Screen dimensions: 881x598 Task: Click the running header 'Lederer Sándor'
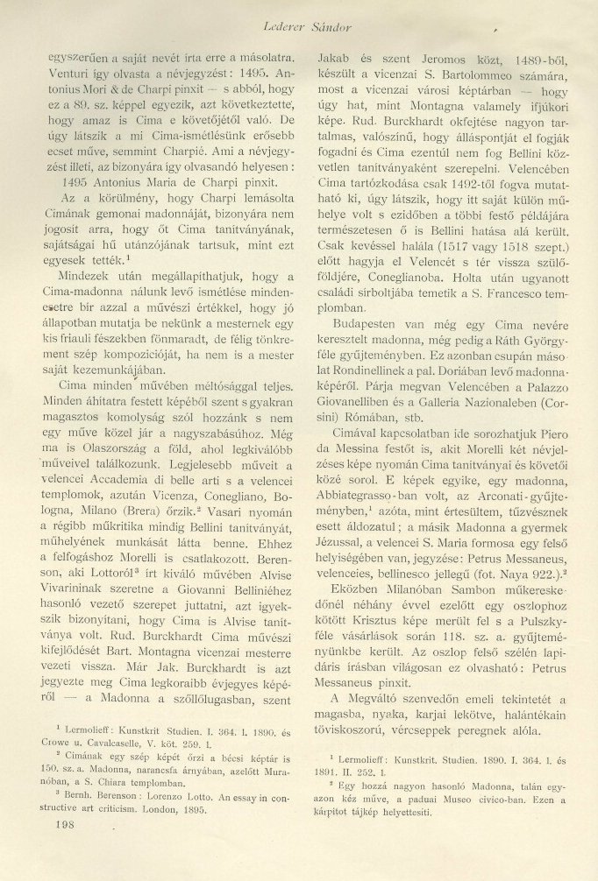pos(324,12)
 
